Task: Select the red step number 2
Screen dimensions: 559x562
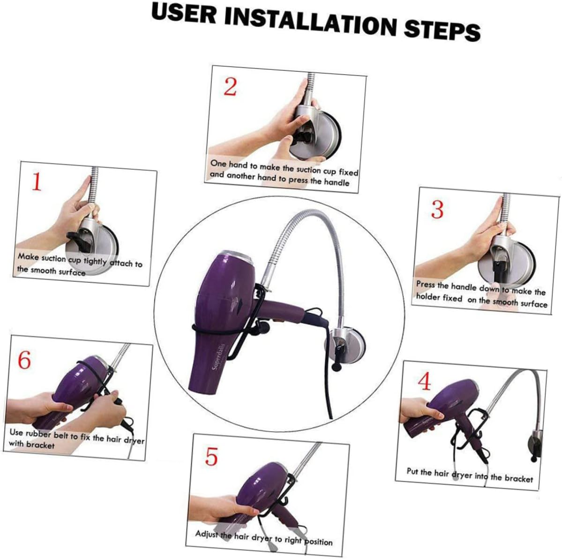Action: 230,87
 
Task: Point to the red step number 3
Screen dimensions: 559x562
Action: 437,210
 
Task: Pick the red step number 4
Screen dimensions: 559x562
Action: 424,382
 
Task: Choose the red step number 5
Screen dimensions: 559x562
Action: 211,456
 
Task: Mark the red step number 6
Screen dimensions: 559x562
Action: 24,360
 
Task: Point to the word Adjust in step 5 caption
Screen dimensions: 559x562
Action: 207,534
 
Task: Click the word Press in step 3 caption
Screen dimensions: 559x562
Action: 426,284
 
